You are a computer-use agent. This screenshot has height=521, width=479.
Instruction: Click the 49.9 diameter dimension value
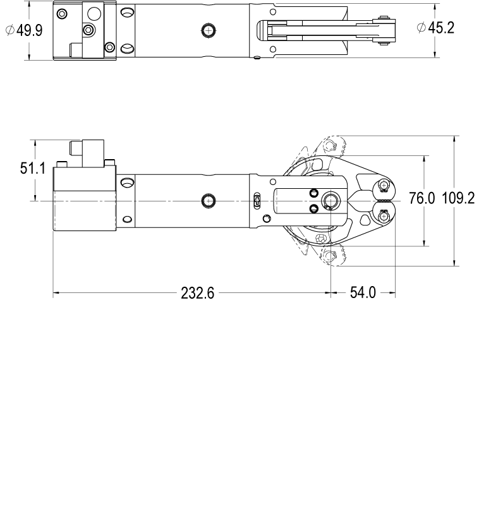(29, 30)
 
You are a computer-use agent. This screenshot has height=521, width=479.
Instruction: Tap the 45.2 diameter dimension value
(441, 28)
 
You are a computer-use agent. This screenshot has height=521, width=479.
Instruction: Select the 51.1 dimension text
(33, 168)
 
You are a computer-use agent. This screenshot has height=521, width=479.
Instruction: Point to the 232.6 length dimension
(198, 293)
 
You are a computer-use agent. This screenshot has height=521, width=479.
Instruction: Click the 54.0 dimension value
(363, 293)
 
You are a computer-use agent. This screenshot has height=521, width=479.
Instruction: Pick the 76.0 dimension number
(421, 198)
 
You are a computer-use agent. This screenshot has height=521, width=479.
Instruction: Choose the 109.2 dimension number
(458, 198)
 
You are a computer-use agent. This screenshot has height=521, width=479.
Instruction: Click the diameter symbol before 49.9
(10, 30)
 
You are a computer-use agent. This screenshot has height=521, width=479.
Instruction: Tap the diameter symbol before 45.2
(421, 27)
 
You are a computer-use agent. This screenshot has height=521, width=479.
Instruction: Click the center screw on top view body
(209, 30)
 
